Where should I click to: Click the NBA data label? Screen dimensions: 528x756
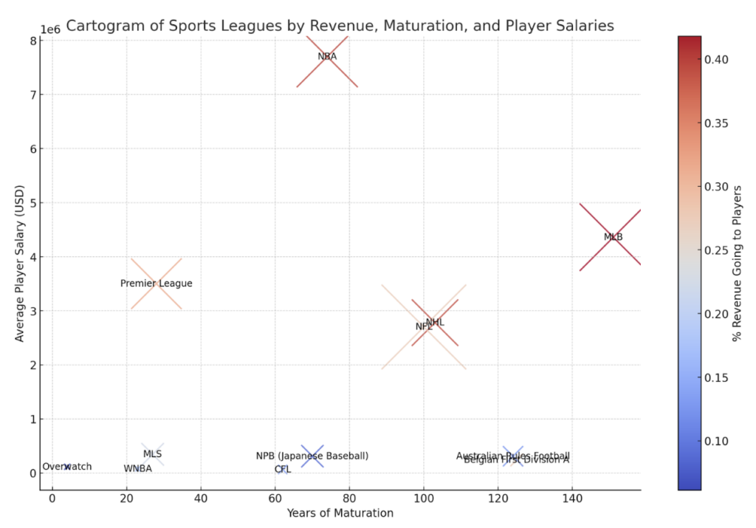click(x=327, y=56)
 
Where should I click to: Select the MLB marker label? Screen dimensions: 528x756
click(x=613, y=237)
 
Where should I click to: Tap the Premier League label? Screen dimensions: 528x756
click(x=156, y=284)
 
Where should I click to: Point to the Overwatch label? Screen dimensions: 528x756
click(x=67, y=467)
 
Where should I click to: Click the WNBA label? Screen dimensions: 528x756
click(x=137, y=468)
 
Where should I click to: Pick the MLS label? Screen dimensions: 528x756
click(x=152, y=454)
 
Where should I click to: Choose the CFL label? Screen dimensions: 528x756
click(x=283, y=469)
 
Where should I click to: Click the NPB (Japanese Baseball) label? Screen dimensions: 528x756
click(x=312, y=456)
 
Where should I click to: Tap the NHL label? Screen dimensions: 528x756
click(x=436, y=322)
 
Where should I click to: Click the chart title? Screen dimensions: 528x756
click(x=340, y=26)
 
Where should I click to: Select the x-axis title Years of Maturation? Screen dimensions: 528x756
click(x=340, y=512)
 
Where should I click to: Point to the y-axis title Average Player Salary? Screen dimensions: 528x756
click(x=20, y=264)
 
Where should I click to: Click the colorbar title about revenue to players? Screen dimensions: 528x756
click(x=736, y=264)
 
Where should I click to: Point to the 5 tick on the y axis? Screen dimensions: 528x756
click(x=33, y=202)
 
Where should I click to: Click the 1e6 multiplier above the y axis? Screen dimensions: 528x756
click(x=50, y=30)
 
